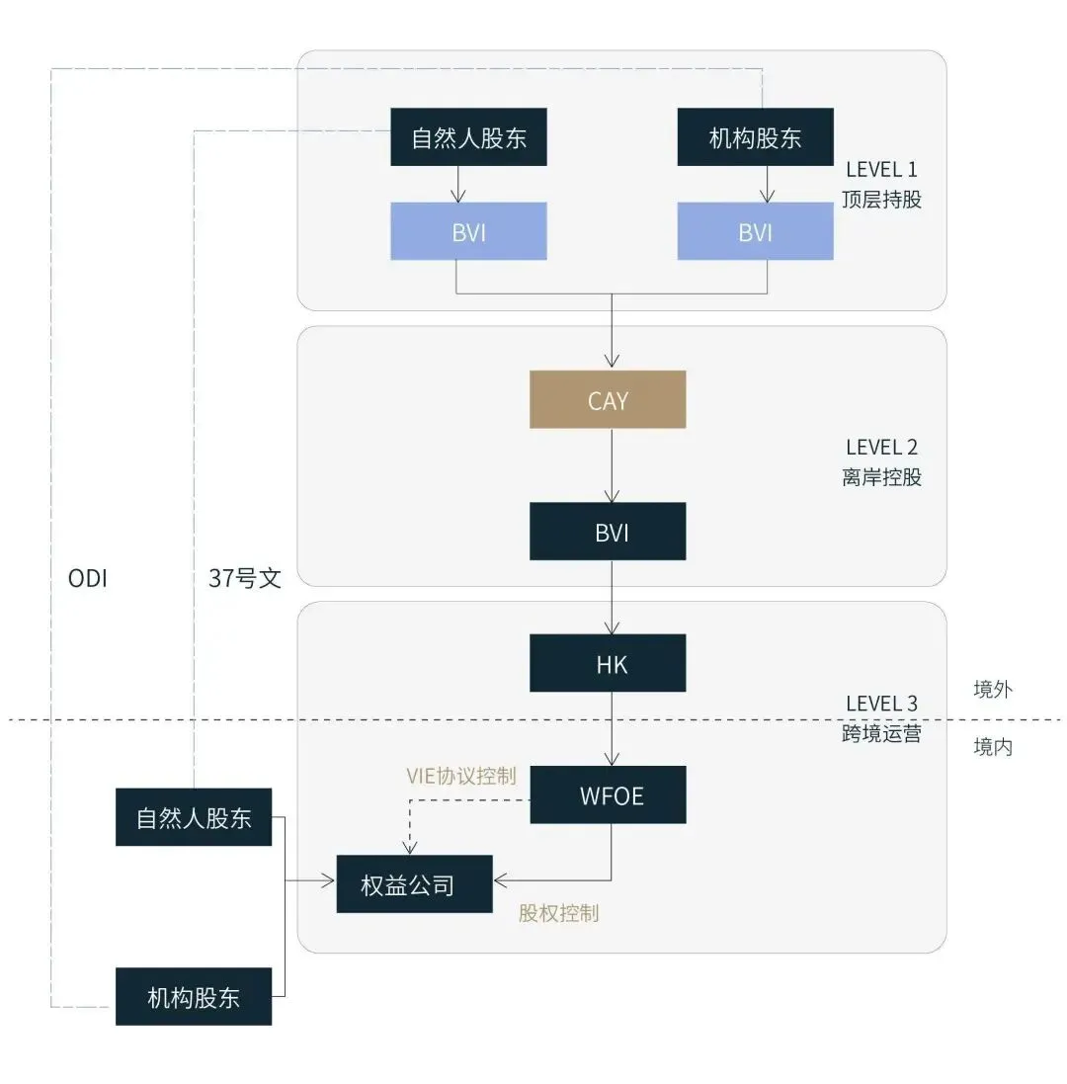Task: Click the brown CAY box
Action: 608,399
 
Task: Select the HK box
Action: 608,663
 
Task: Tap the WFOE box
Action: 608,794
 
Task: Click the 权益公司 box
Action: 414,883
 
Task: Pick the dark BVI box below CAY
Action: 608,532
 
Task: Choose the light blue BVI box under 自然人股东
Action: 468,231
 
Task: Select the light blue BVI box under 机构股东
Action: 755,231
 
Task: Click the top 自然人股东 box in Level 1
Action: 468,136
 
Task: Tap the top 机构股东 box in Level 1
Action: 755,136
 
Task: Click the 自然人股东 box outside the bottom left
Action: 194,817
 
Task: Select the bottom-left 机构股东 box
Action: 194,996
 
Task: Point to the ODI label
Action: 87,578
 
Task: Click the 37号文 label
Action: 245,578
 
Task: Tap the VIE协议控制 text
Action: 461,776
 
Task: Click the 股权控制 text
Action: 558,913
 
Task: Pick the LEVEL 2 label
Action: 881,448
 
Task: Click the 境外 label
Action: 993,690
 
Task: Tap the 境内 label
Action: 993,747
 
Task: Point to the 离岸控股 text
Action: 881,477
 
